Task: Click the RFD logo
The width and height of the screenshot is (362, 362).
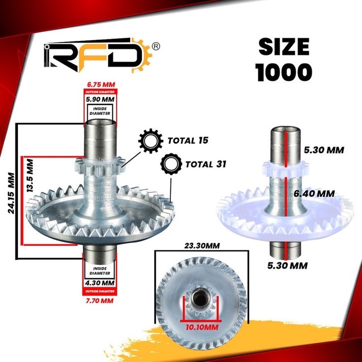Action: (98, 55)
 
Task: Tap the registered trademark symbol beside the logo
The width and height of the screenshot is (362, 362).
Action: (156, 46)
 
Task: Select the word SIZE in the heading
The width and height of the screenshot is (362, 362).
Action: (284, 47)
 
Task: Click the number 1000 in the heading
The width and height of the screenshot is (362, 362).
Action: (284, 72)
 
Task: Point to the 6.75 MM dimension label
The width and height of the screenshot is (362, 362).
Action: (101, 84)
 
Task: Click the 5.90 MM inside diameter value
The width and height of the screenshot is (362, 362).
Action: (100, 100)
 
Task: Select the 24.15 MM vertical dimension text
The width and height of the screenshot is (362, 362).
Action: (11, 193)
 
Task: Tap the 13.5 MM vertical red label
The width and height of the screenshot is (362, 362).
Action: (30, 176)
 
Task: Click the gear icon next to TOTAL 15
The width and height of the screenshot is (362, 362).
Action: (151, 141)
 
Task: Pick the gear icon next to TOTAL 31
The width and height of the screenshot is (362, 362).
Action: (171, 164)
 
